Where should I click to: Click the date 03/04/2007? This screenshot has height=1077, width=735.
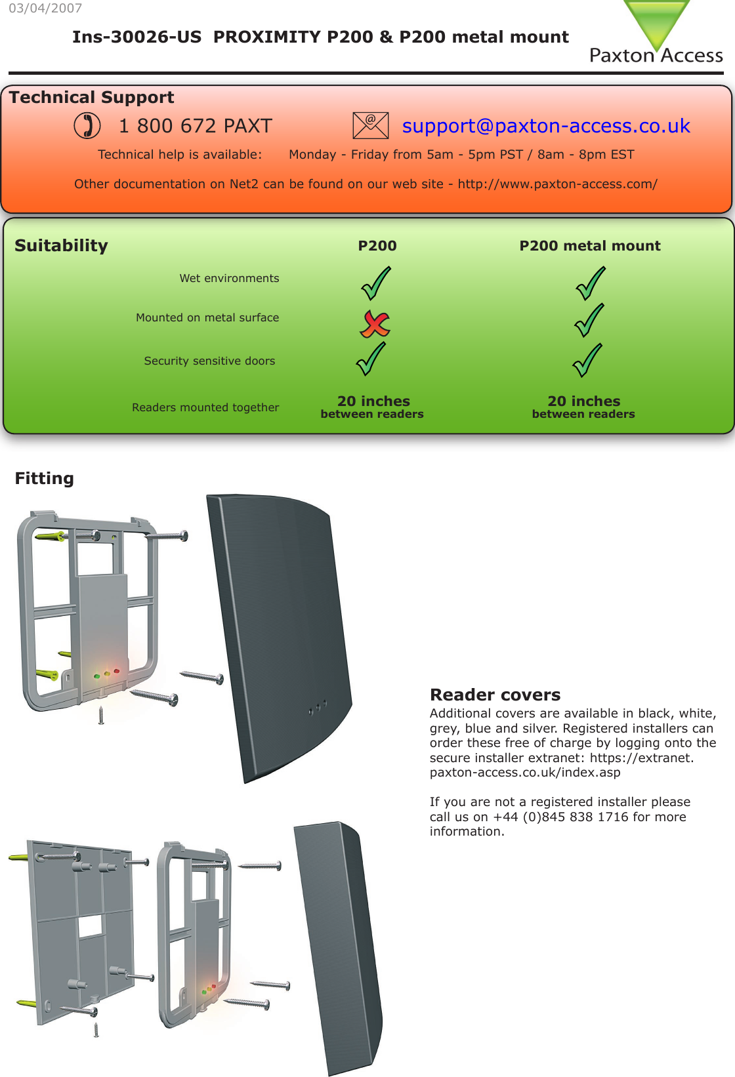45,9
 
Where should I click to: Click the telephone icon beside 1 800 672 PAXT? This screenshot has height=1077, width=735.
87,125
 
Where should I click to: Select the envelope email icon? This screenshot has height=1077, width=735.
370,125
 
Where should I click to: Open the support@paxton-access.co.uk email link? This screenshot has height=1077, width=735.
545,126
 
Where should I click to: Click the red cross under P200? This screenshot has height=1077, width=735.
375,323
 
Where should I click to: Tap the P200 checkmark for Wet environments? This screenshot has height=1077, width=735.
376,282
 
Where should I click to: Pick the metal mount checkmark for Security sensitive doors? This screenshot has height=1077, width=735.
587,360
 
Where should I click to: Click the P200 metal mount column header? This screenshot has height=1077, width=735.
589,246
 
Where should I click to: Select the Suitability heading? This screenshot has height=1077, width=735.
61,246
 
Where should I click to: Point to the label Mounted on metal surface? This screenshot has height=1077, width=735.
207,317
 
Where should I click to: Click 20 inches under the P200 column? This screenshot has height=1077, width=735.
373,401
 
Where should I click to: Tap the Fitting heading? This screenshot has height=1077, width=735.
44,478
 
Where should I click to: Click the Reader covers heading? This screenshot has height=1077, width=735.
495,695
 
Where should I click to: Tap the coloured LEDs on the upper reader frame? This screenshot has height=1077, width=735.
107,674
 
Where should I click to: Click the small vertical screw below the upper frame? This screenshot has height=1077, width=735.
100,716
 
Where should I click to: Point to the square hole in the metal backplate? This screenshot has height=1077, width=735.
91,925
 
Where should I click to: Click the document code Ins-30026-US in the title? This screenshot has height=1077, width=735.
136,37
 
